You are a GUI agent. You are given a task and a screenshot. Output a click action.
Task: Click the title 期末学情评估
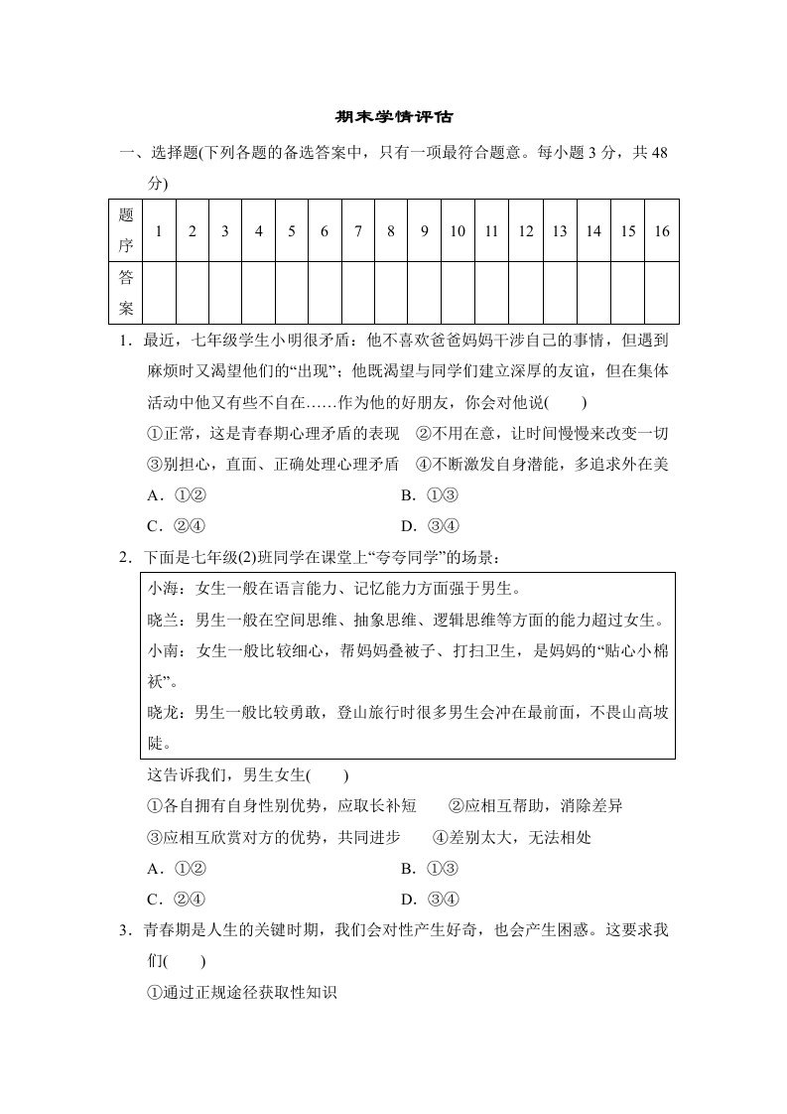(x=393, y=116)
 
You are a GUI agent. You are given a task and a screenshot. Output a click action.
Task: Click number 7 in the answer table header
(x=357, y=231)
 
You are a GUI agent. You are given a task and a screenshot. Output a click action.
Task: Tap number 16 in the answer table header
(x=662, y=231)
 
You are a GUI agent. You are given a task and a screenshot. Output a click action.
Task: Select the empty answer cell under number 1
(x=159, y=294)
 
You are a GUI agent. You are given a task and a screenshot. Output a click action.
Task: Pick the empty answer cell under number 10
(x=458, y=294)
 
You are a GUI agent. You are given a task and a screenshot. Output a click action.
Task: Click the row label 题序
(x=126, y=231)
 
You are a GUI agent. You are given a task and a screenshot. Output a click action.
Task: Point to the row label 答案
(x=126, y=294)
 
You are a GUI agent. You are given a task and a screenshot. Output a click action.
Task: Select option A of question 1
(x=176, y=495)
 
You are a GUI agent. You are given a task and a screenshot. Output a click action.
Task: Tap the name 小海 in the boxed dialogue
(x=163, y=589)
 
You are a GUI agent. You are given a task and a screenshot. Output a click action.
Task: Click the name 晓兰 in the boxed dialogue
(x=163, y=620)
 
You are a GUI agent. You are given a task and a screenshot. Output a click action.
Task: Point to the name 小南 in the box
(x=163, y=651)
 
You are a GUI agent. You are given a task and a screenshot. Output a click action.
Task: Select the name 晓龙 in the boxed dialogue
(x=163, y=712)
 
